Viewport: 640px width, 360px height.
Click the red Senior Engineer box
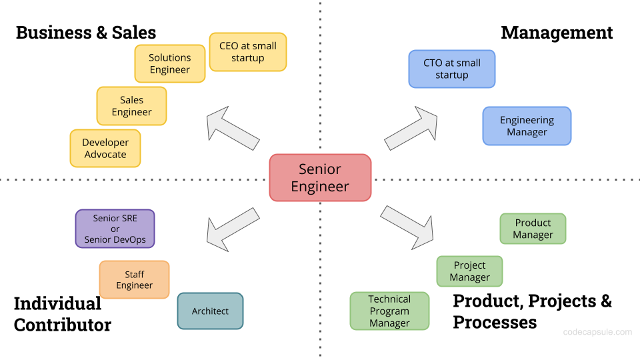320,177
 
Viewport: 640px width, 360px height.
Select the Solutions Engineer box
169,64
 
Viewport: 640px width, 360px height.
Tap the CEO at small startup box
247,52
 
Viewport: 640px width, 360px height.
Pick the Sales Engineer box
131,106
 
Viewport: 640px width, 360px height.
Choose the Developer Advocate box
105,148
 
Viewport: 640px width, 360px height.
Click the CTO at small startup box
451,69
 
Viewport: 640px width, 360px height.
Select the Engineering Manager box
527,126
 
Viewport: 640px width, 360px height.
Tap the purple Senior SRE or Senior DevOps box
115,229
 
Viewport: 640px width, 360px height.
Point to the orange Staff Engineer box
134,279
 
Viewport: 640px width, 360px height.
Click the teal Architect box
210,311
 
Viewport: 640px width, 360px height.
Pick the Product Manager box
533,229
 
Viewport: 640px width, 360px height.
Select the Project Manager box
469,271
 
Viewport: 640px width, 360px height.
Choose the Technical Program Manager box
389,311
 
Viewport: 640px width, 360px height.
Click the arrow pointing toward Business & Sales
232,127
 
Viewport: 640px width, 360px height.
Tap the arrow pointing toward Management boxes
411,127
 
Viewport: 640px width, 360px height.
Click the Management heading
557,32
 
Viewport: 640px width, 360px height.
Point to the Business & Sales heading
86,32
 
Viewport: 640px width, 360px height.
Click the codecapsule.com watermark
597,331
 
